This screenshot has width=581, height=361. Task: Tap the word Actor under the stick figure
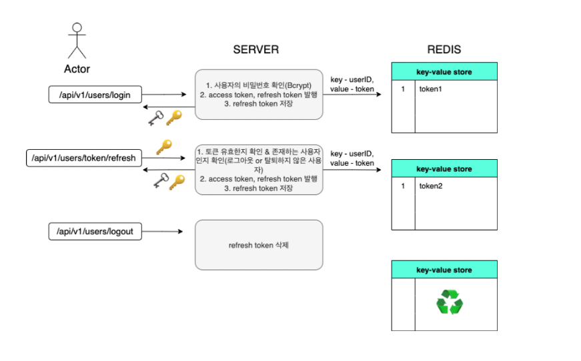(x=77, y=69)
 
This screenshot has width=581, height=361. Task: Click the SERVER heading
(x=255, y=50)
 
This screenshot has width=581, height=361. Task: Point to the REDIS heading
(x=444, y=50)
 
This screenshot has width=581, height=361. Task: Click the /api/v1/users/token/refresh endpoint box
(x=83, y=159)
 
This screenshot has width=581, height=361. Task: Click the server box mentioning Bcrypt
(x=259, y=94)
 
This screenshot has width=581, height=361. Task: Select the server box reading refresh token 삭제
(x=259, y=245)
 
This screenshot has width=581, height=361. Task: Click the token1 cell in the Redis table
(x=456, y=88)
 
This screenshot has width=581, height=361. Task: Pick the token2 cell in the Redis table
(x=456, y=186)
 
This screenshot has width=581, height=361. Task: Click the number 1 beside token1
(x=403, y=88)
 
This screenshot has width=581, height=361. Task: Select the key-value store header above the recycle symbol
(x=444, y=270)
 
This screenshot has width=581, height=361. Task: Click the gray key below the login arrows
(x=155, y=118)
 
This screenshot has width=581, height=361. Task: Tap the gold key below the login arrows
(x=174, y=118)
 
